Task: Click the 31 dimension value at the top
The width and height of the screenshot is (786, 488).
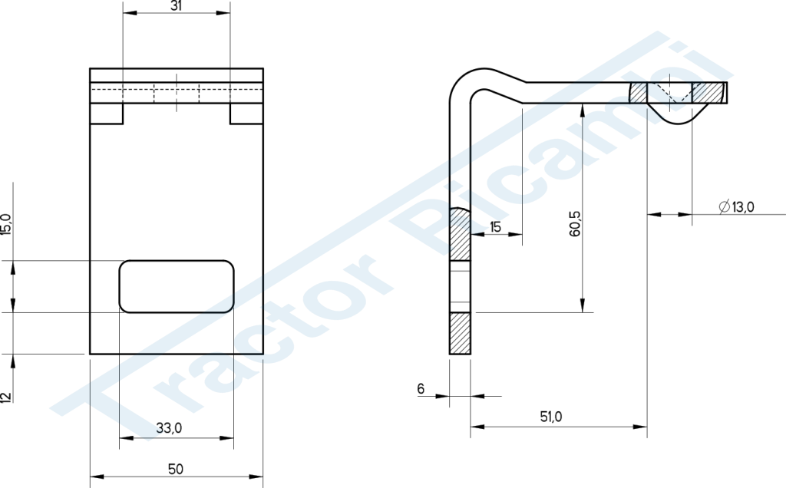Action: (176, 5)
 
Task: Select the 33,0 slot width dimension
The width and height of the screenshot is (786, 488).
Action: (169, 428)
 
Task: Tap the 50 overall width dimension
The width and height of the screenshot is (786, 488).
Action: (176, 470)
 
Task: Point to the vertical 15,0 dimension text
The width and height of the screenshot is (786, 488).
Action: (5, 224)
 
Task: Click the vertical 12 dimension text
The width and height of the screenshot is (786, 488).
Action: (5, 397)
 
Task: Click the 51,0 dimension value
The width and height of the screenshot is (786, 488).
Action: (551, 417)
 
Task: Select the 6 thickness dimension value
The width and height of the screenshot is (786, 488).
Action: (421, 388)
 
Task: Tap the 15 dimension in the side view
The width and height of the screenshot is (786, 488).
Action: (495, 227)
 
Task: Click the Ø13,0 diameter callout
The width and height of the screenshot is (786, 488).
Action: (736, 206)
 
